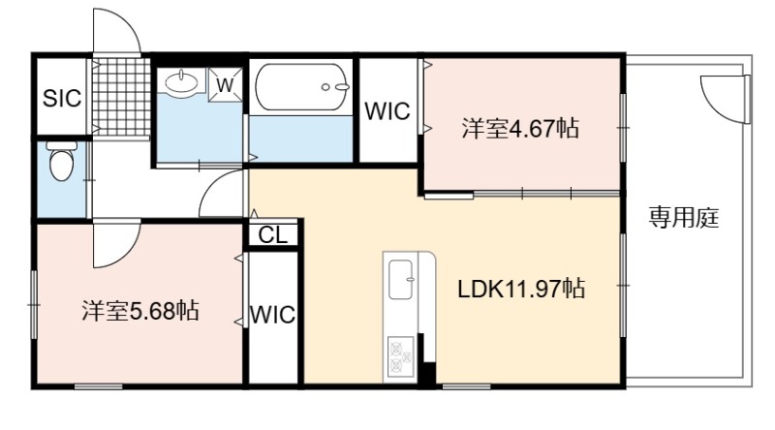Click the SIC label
62,98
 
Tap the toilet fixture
62,161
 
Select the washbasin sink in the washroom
182,81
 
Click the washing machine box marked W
225,85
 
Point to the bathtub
302,87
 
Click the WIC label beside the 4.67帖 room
387,111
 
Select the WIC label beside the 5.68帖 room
273,315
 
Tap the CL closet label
273,235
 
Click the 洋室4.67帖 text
520,128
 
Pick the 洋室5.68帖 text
140,311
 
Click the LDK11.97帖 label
521,289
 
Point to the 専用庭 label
684,218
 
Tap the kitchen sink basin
401,280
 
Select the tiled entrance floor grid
121,97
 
